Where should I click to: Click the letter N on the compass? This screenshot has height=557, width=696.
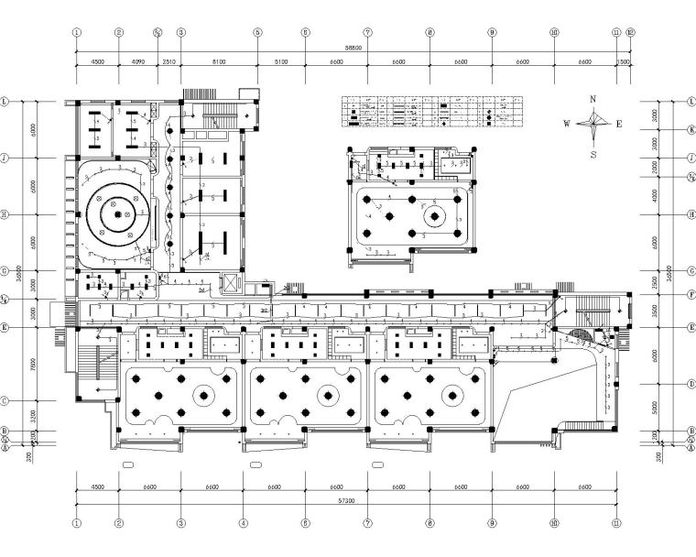click(x=593, y=99)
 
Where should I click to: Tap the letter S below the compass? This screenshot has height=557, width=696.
click(x=594, y=155)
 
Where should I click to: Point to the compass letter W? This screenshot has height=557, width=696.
click(x=567, y=124)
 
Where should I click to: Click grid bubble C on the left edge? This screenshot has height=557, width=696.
click(x=6, y=400)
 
